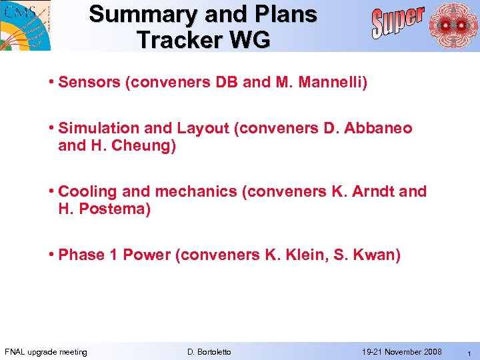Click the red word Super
coord(397,22)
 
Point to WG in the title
coord(253,40)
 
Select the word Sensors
coord(85,83)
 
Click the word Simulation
coord(98,128)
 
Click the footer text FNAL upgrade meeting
coord(46,352)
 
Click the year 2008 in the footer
coord(431,352)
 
